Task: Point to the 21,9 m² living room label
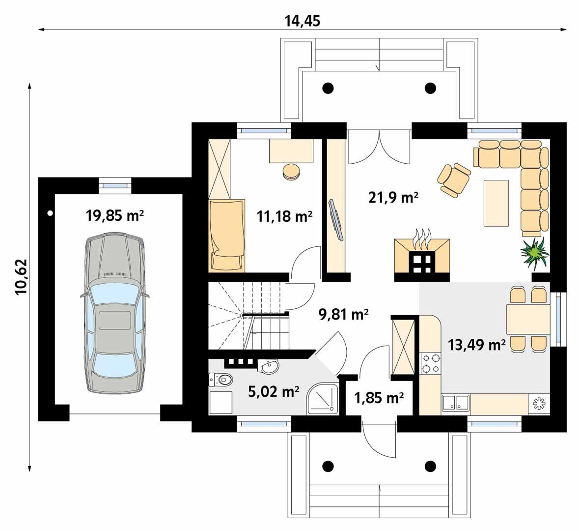(x=393, y=197)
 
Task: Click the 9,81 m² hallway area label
(x=344, y=314)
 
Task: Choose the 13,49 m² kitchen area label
(x=477, y=345)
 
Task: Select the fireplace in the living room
(x=422, y=258)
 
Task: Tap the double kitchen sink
(x=455, y=403)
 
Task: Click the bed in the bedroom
(x=226, y=235)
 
